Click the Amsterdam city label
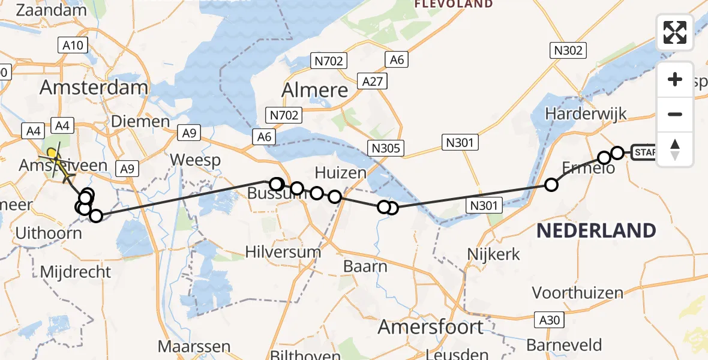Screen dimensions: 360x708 [94, 88]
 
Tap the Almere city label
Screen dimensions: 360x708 [315, 90]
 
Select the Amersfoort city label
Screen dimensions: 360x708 [430, 327]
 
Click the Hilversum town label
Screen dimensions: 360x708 [283, 251]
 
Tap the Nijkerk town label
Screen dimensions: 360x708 [494, 254]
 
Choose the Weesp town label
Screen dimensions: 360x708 [195, 160]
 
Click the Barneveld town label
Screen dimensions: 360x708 [564, 345]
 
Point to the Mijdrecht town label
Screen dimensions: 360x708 [76, 272]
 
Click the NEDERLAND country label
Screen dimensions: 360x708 [596, 230]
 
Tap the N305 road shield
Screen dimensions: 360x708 [387, 148]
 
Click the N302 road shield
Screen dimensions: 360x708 [568, 50]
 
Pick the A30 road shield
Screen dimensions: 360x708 [548, 320]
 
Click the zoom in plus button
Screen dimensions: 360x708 [675, 79]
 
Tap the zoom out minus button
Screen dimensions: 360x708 [675, 114]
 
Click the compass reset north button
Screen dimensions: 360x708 [675, 149]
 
